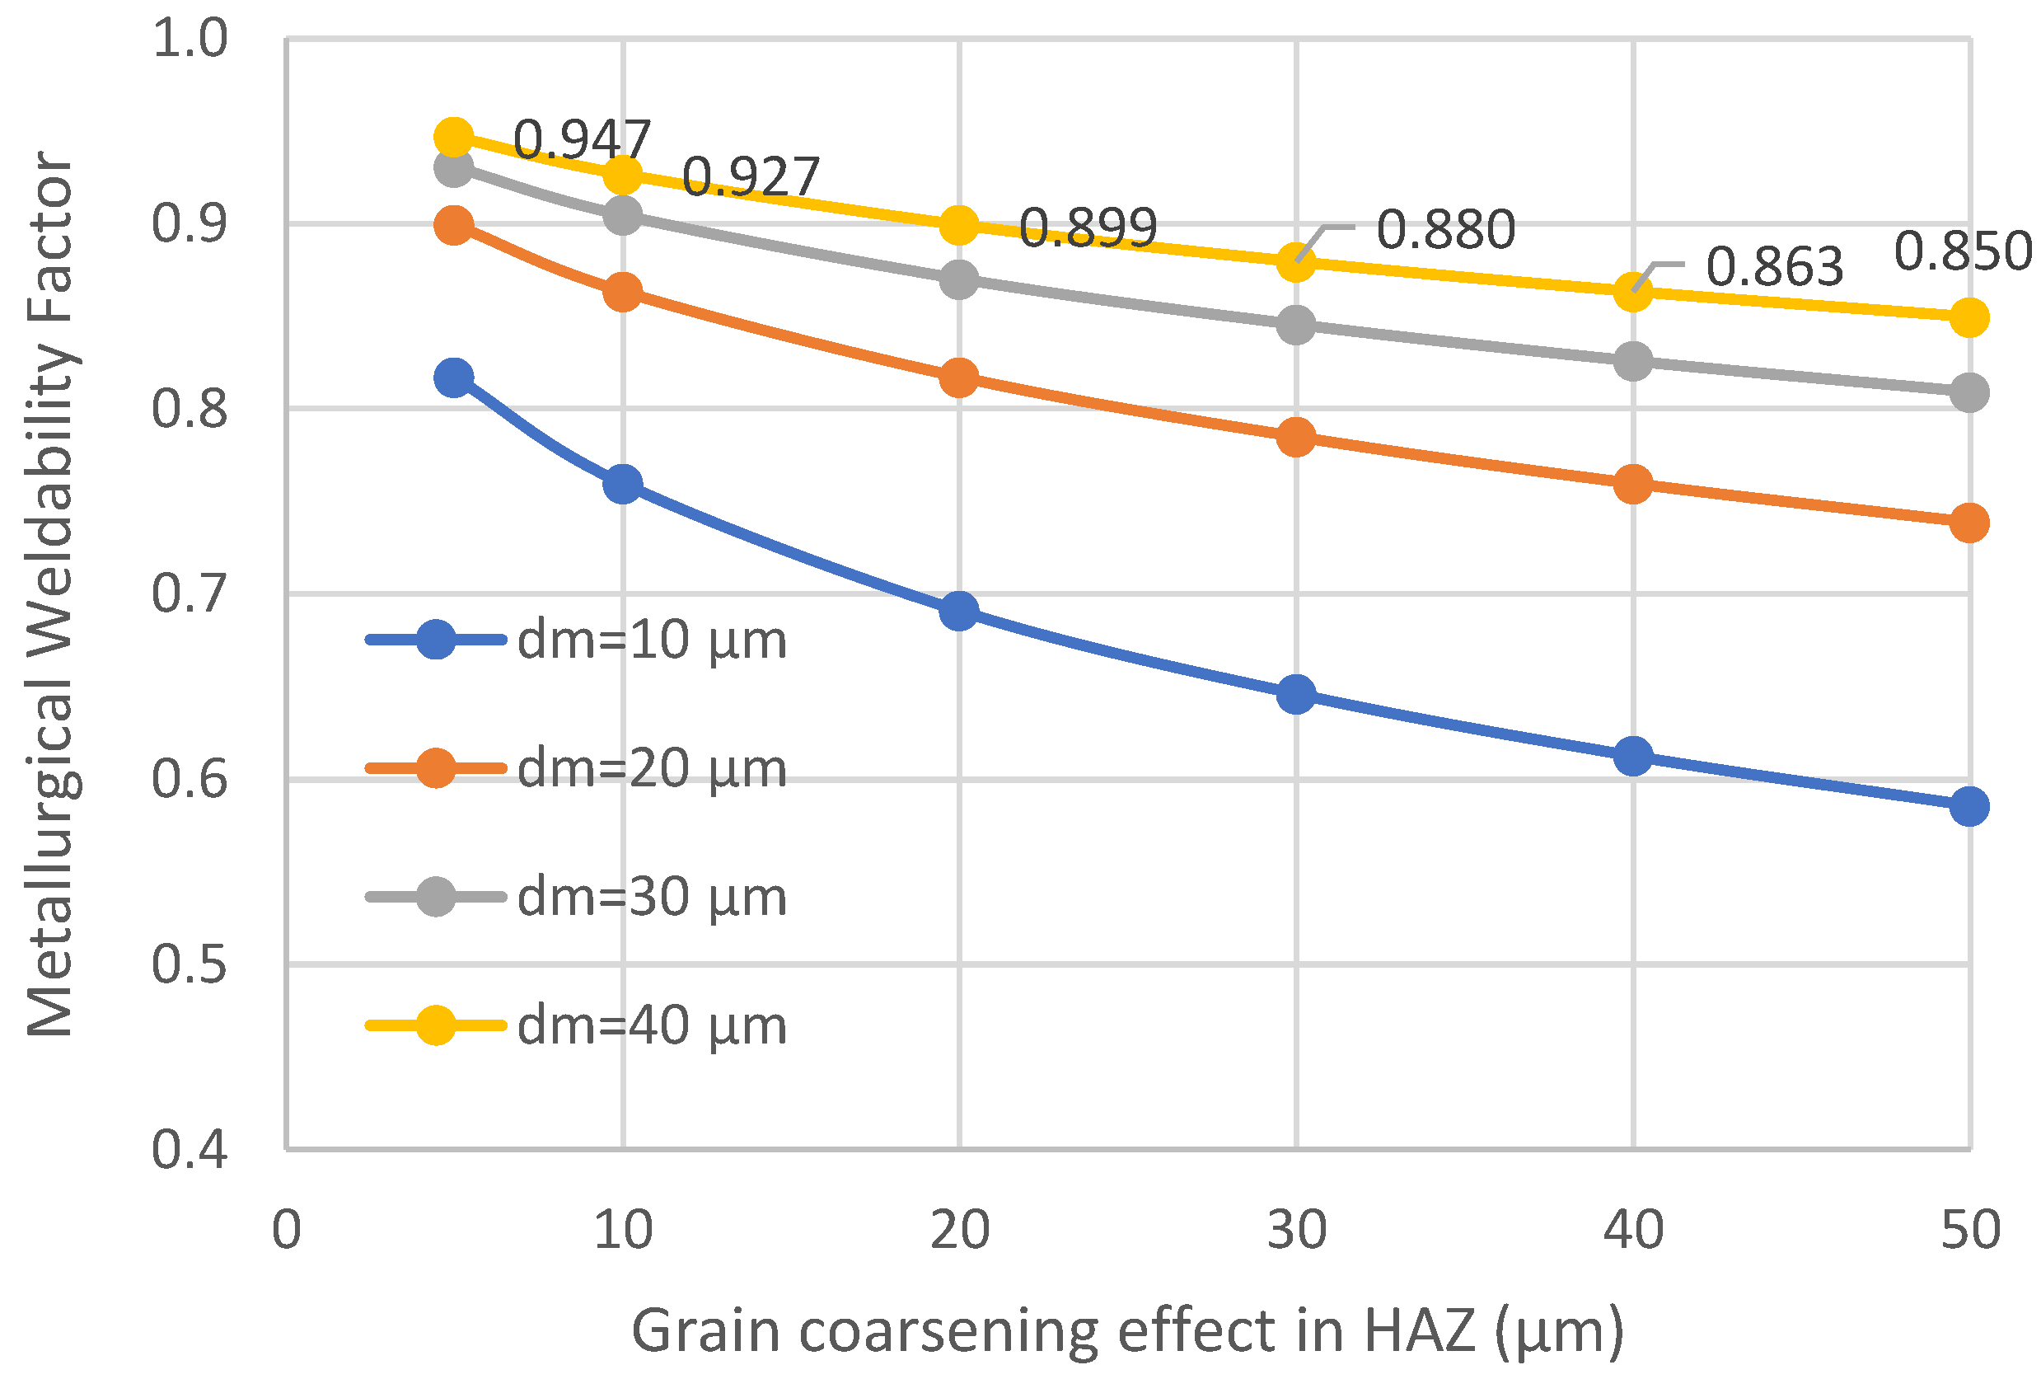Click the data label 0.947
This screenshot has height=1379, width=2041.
point(582,138)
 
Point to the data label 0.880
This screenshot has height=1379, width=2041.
point(1445,229)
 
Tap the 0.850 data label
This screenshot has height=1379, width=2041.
point(1963,251)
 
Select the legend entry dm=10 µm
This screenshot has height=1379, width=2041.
point(576,640)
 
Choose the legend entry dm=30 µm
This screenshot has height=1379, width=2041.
point(576,897)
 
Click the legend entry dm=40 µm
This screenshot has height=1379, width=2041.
point(576,1025)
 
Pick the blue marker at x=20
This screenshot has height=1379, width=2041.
point(959,611)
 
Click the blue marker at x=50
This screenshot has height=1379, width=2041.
point(1969,806)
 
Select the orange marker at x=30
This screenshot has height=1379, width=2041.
point(1296,437)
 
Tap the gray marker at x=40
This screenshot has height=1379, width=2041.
point(1632,361)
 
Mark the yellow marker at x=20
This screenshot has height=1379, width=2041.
point(959,226)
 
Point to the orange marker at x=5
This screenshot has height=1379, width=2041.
point(454,226)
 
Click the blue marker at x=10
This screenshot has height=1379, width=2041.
point(623,484)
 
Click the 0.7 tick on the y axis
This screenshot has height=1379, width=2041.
point(190,593)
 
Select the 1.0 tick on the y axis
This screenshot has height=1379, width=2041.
point(190,39)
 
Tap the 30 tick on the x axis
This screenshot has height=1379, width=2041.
point(1296,1231)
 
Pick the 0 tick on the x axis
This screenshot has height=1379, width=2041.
point(286,1231)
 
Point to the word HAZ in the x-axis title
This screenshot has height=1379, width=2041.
point(1422,1330)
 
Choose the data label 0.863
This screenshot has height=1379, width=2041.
point(1775,266)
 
